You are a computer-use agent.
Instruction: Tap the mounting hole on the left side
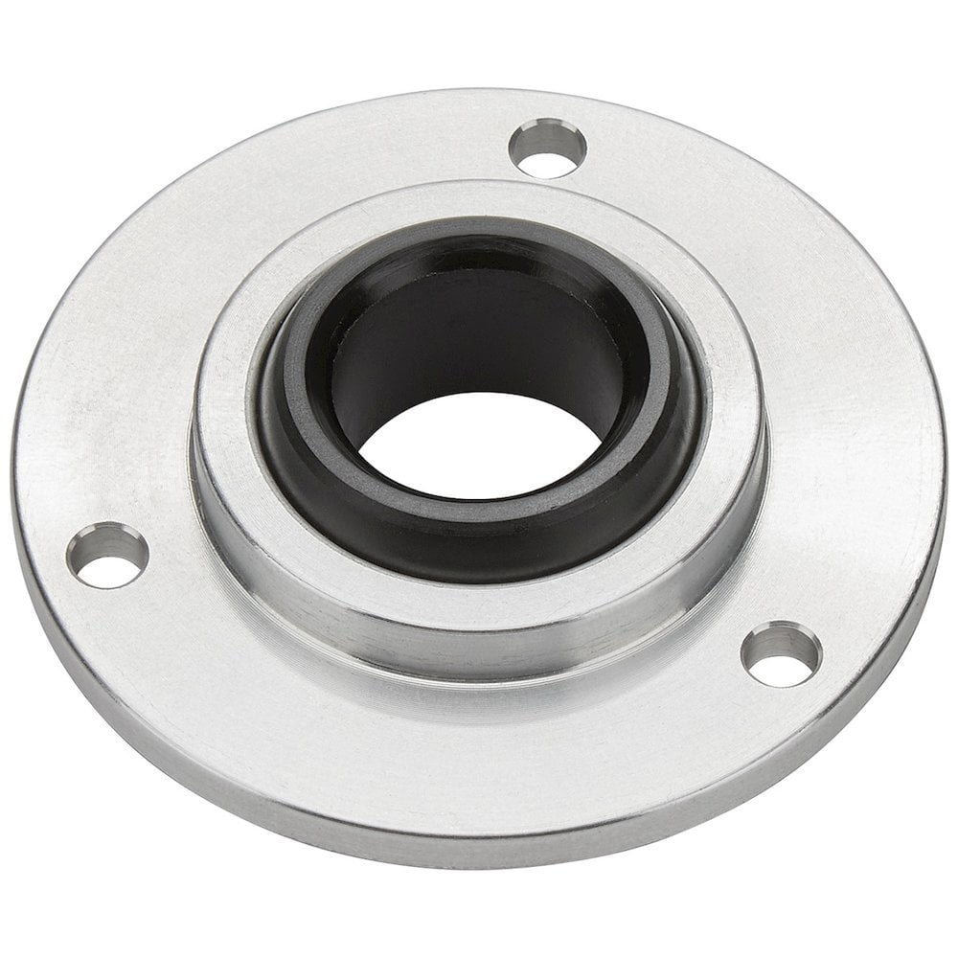[x=106, y=557]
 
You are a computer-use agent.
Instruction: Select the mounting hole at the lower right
[x=781, y=654]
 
